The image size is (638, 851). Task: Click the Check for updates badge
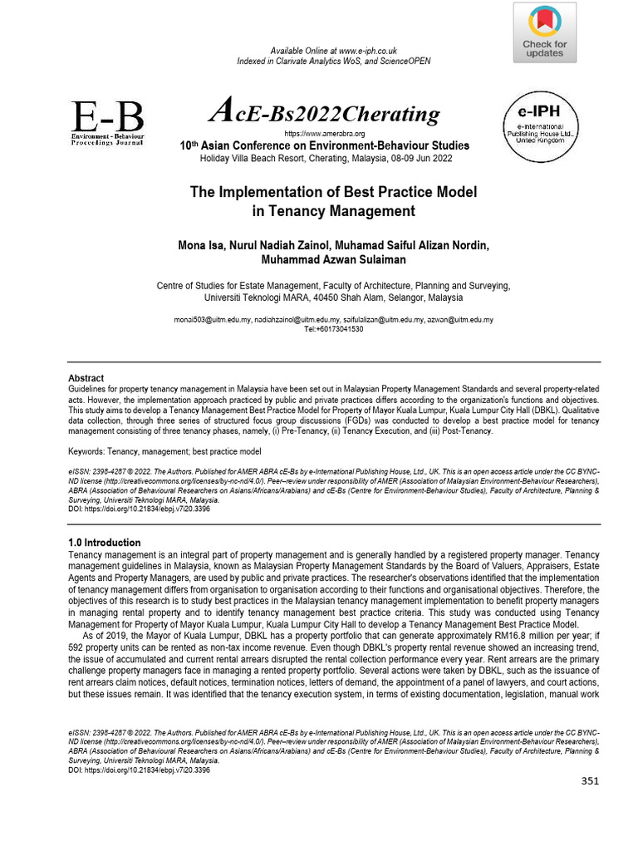[544, 32]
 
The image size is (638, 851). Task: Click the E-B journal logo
[107, 123]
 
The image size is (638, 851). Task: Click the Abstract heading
[86, 377]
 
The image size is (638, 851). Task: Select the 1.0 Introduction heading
[104, 543]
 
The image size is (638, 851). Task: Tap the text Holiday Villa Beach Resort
[242, 158]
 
